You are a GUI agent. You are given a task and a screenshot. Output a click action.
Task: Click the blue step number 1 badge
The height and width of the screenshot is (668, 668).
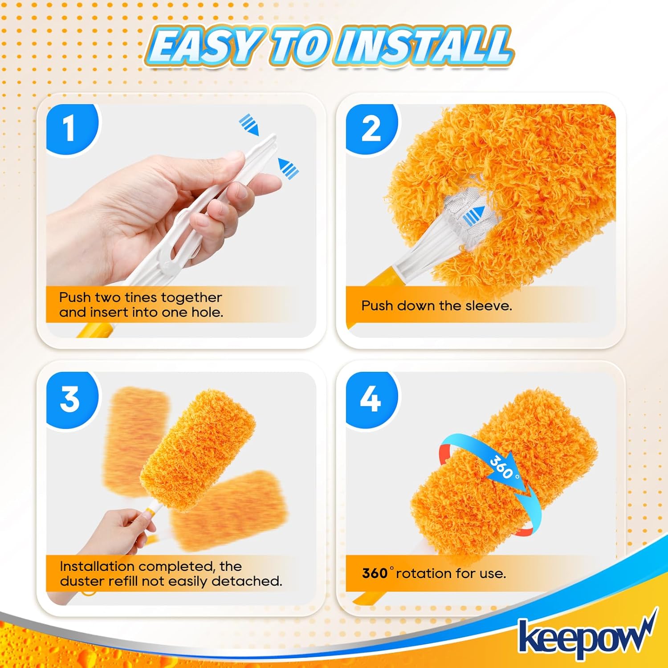coord(69,129)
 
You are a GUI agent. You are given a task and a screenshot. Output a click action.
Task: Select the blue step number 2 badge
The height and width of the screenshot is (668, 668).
coord(371,129)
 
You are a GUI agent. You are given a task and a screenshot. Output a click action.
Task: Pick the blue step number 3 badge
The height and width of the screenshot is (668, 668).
coord(70,399)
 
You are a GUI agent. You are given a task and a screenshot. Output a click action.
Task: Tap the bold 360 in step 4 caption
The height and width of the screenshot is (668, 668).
coord(375,573)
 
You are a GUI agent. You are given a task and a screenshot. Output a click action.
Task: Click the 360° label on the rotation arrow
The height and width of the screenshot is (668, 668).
coord(503,468)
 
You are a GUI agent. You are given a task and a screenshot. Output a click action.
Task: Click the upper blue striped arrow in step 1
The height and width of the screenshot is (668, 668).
coord(249,125)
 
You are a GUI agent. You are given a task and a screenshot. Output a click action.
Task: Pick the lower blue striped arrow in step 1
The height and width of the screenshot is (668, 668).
coord(288,168)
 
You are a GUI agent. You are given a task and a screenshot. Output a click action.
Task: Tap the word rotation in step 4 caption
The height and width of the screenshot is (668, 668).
coord(424,573)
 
